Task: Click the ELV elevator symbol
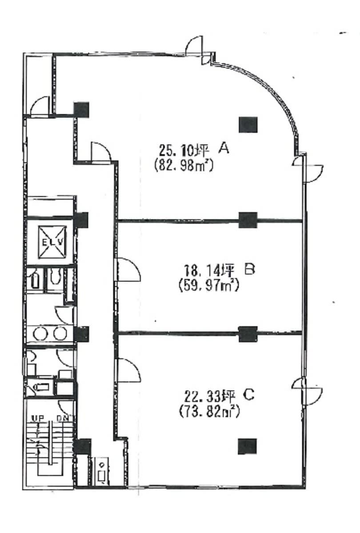[x=52, y=242]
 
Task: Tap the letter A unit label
[x=224, y=148]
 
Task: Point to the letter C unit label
[x=249, y=395]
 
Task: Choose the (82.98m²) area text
[x=184, y=165]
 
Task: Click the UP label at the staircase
[x=38, y=418]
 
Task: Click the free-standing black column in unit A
[x=248, y=125]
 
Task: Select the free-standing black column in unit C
[x=247, y=446]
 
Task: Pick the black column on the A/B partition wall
[x=248, y=220]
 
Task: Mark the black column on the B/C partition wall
[x=248, y=334]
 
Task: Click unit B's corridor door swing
[x=128, y=269]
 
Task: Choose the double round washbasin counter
[x=50, y=333]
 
